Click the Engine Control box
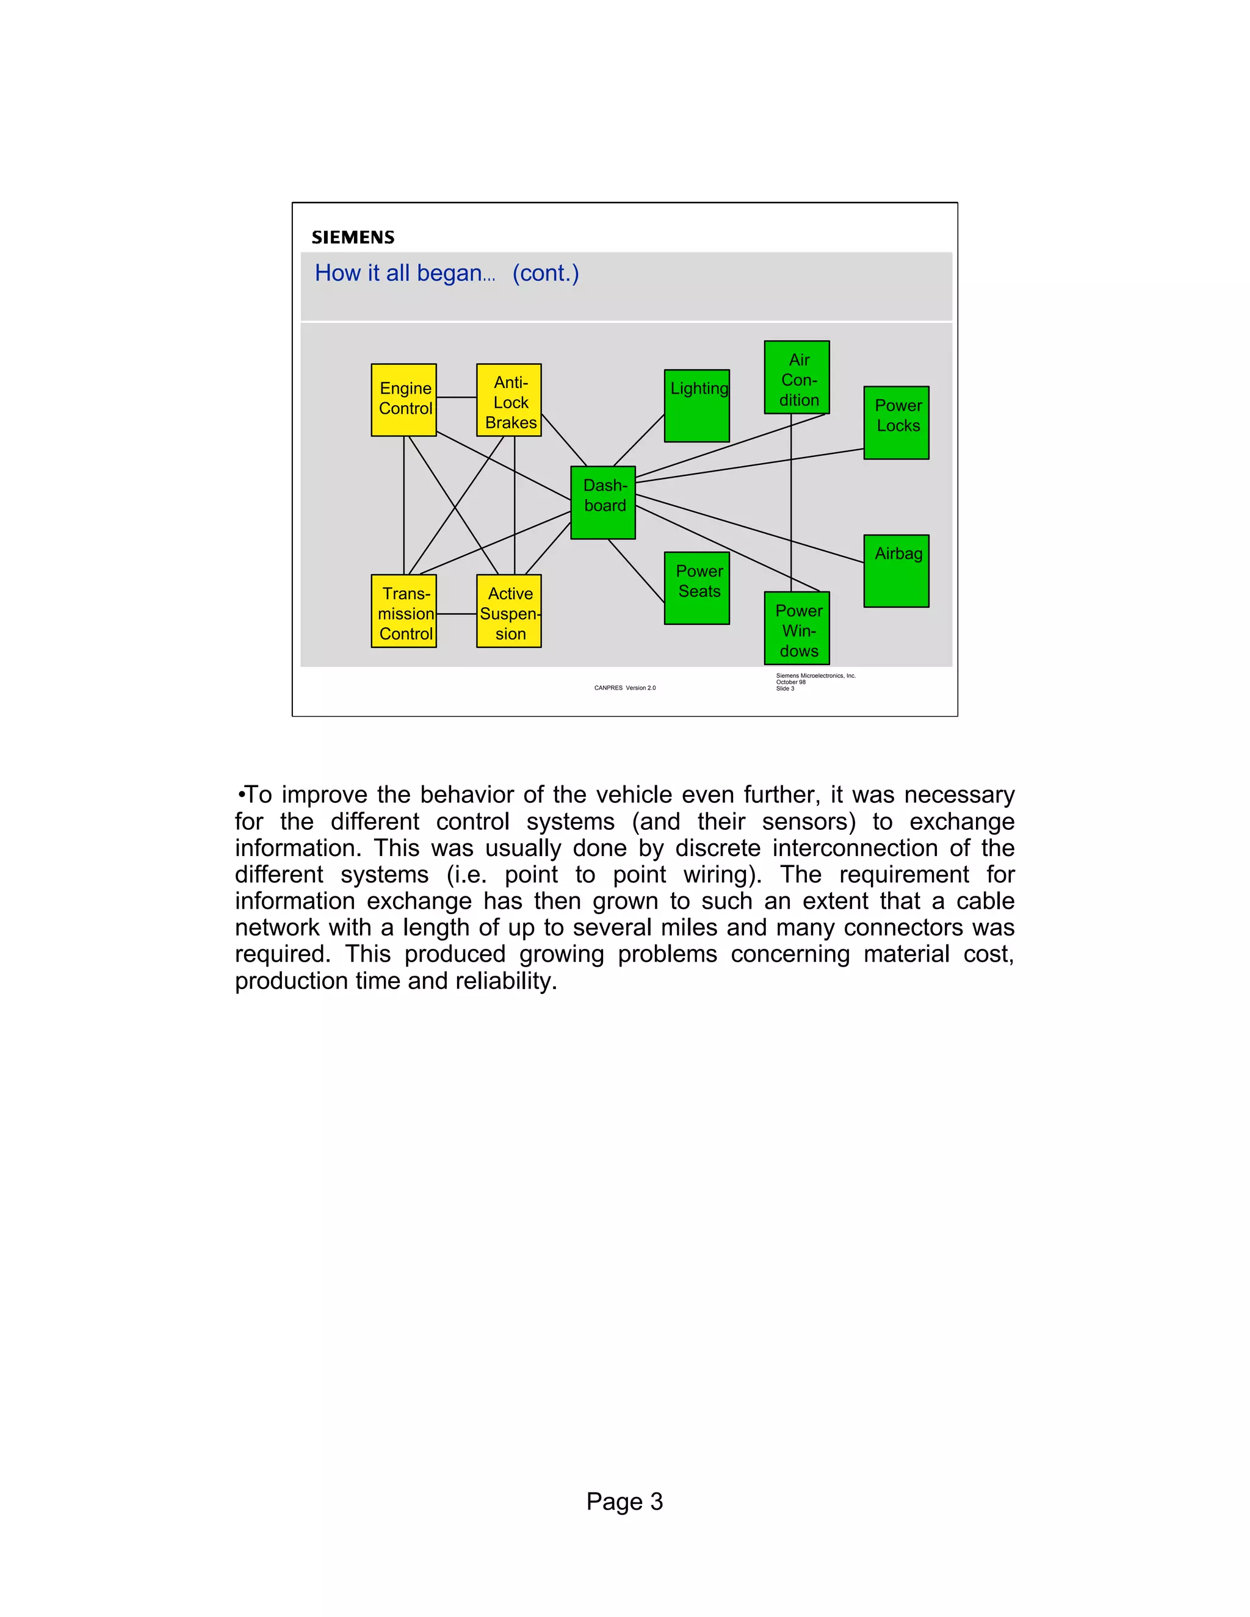tap(403, 400)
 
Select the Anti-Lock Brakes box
tap(509, 400)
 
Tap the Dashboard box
tap(603, 502)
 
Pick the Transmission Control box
tap(403, 611)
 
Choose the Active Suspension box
tap(509, 611)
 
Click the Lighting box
tap(697, 406)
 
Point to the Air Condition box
tap(797, 377)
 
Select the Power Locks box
tap(896, 422)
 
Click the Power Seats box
tap(697, 588)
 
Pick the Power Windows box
tap(797, 628)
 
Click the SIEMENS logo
tap(353, 237)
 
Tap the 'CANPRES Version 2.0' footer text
tap(624, 688)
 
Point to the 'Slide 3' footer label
tap(785, 688)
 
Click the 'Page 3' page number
tap(624, 1502)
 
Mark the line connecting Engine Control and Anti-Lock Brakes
tap(456, 398)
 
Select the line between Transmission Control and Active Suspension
tap(456, 614)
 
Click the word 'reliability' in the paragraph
tap(504, 981)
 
